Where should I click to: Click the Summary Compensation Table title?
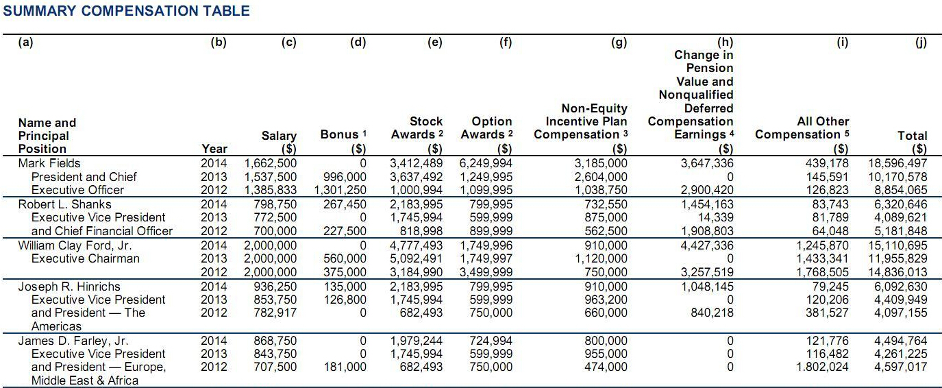click(x=127, y=11)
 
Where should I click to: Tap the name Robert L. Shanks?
click(x=64, y=204)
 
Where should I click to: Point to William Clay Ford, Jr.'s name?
click(x=75, y=245)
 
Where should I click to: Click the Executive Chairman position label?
click(x=85, y=258)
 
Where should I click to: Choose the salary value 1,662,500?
click(x=271, y=163)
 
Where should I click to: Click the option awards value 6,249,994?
click(x=486, y=163)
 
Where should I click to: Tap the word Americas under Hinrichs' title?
click(x=56, y=326)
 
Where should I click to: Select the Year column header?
click(x=214, y=148)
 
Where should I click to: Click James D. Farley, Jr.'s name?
click(x=73, y=341)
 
